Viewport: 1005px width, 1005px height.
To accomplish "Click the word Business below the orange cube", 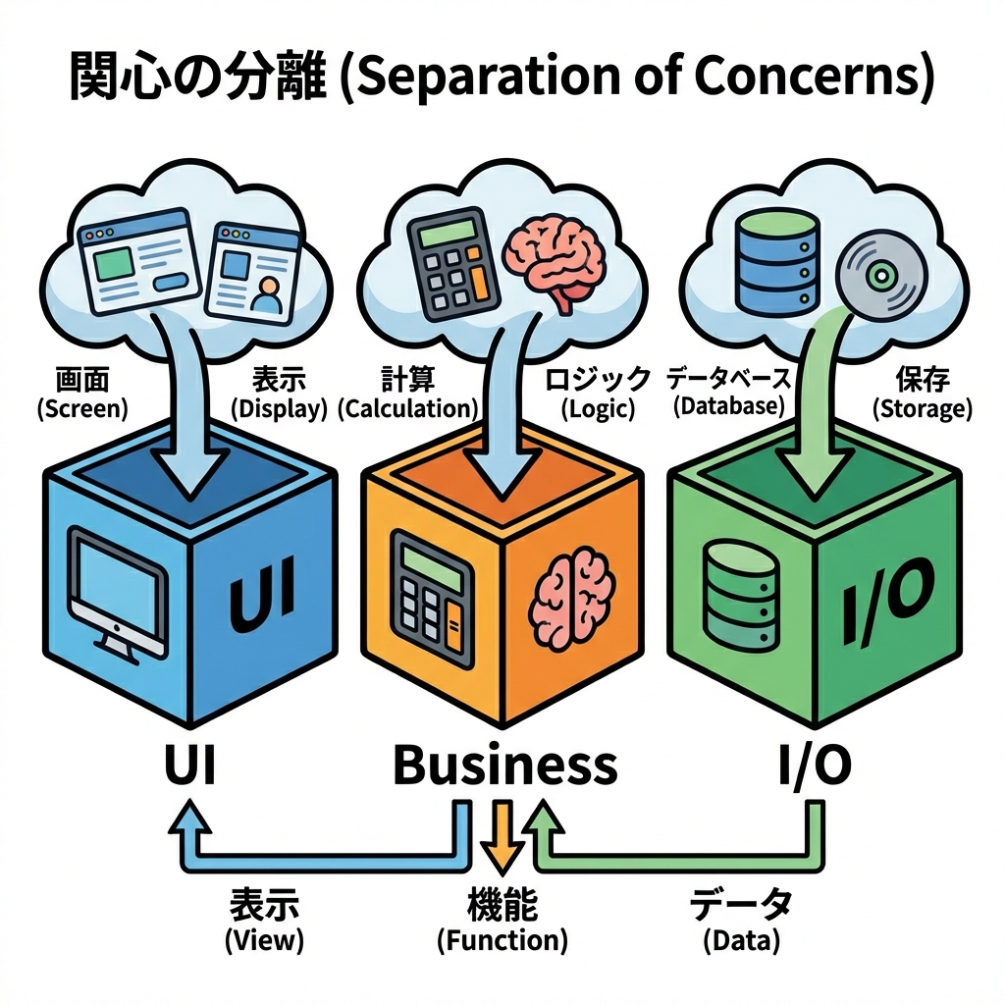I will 504,766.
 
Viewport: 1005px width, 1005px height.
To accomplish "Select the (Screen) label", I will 82,409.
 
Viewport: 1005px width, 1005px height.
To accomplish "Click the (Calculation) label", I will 407,409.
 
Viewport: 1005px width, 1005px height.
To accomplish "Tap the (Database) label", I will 728,406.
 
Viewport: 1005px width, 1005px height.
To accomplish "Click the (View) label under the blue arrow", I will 264,940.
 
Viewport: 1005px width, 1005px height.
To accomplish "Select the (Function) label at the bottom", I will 502,940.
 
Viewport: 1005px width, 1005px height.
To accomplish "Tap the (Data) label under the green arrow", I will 741,940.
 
